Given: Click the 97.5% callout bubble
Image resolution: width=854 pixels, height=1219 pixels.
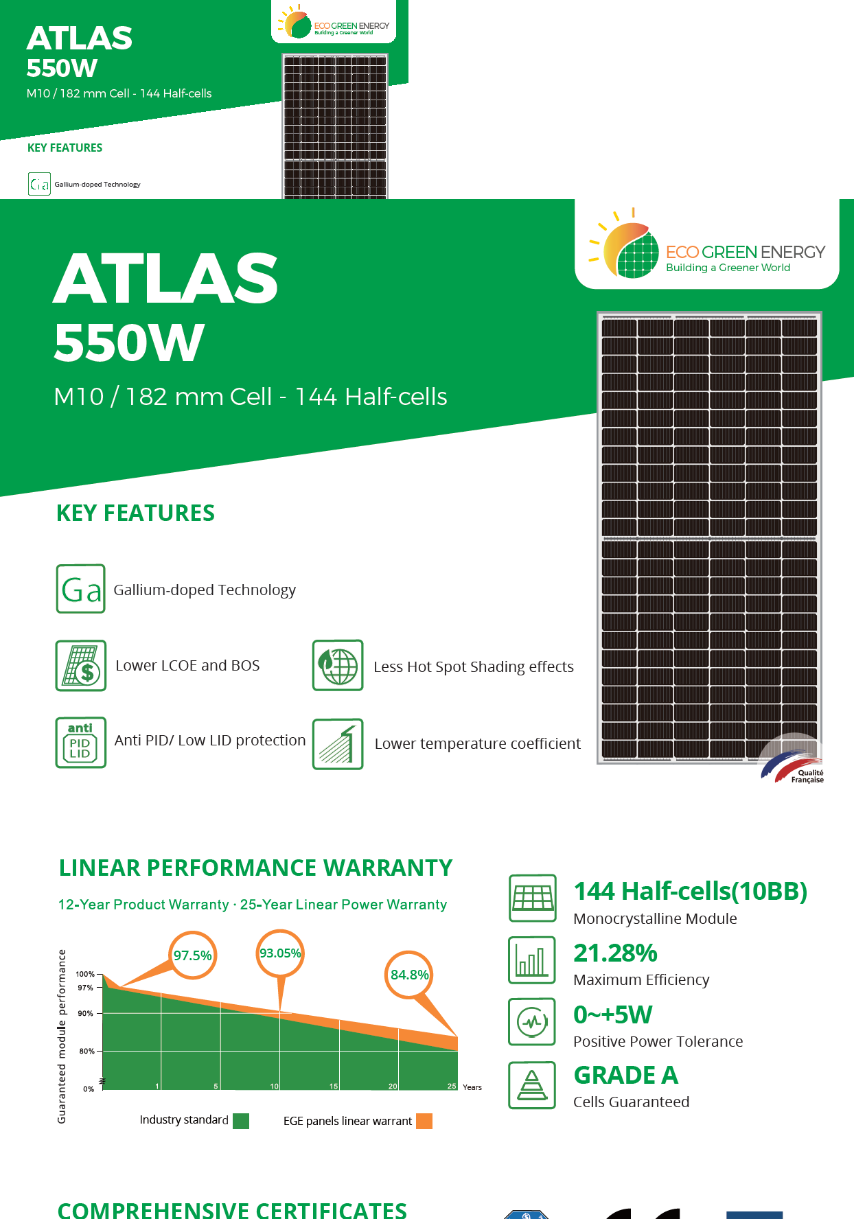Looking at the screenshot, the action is click(193, 955).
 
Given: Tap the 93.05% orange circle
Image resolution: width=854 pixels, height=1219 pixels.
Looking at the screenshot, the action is click(280, 953).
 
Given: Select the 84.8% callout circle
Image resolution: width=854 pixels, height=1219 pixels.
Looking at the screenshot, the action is click(409, 975).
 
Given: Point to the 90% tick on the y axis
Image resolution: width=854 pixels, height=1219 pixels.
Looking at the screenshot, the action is click(85, 1013).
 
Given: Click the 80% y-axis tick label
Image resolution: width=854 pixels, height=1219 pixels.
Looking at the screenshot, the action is click(86, 1051).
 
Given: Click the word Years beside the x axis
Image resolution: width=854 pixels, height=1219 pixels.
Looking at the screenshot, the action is click(472, 1087).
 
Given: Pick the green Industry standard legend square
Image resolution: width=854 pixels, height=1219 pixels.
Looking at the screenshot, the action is click(241, 1121).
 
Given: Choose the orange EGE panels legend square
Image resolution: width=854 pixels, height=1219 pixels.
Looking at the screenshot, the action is click(424, 1121).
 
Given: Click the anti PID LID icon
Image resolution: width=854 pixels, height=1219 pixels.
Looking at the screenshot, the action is click(81, 742).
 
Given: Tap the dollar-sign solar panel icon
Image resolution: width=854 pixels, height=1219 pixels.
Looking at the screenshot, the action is click(81, 665).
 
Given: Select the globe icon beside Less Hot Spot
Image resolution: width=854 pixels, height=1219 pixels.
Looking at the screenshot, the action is click(338, 665).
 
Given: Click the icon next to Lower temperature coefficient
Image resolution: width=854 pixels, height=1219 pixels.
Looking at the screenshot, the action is click(338, 744).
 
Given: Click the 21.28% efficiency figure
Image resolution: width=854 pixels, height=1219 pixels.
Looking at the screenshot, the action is click(615, 953).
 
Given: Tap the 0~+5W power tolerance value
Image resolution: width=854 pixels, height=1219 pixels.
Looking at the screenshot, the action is click(612, 1014).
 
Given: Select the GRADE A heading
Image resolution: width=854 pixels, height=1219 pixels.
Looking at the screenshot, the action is click(625, 1075).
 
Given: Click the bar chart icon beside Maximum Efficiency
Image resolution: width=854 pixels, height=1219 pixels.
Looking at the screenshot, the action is click(532, 960).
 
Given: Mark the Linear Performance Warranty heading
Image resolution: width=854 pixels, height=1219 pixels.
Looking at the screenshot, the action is click(255, 868).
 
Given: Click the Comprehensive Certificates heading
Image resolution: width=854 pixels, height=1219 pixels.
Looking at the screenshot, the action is click(232, 1209).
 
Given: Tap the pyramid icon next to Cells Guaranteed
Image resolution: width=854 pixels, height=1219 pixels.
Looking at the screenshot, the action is click(532, 1085).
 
